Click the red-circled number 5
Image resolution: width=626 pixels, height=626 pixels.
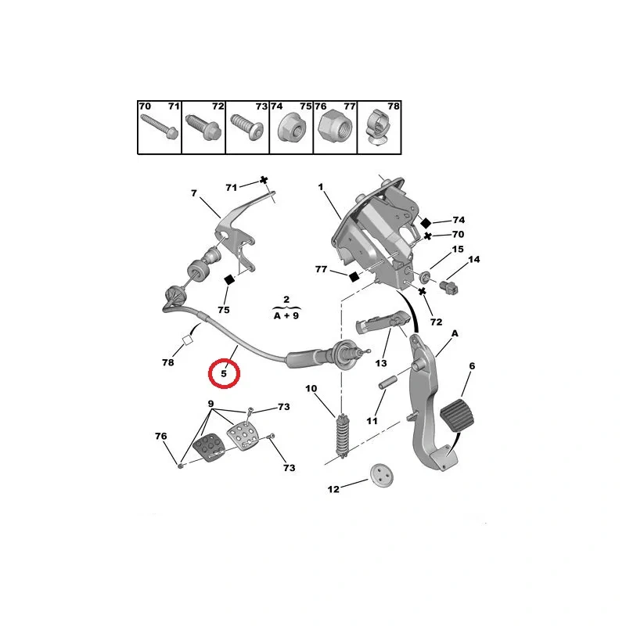pyautogui.click(x=224, y=374)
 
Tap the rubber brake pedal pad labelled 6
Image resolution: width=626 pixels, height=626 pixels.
pyautogui.click(x=464, y=410)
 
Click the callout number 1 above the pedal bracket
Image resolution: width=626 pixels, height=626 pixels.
pyautogui.click(x=320, y=187)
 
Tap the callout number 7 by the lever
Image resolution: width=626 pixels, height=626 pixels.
pyautogui.click(x=192, y=193)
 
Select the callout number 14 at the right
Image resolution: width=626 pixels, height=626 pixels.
pyautogui.click(x=474, y=259)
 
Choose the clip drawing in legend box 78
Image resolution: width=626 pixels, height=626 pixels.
pyautogui.click(x=380, y=130)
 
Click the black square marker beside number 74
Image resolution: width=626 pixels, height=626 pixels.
pyautogui.click(x=426, y=222)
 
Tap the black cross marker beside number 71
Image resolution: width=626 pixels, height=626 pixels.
pyautogui.click(x=264, y=180)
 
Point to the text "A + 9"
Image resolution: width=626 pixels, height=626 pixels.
pyautogui.click(x=286, y=317)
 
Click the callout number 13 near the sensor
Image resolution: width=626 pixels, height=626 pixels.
pyautogui.click(x=381, y=364)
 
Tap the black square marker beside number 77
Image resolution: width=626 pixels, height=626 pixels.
pyautogui.click(x=353, y=275)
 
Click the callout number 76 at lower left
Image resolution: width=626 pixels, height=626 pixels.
pyautogui.click(x=161, y=436)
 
